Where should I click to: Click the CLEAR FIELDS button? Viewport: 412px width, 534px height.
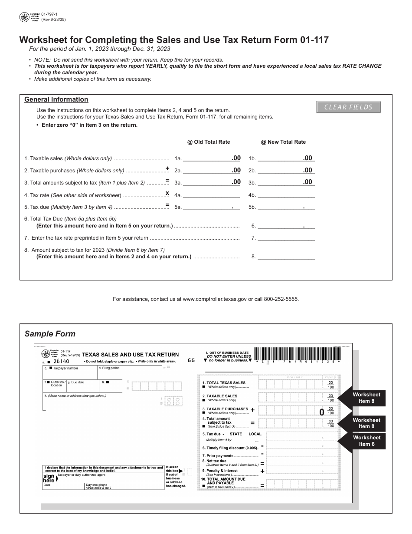click(x=349, y=107)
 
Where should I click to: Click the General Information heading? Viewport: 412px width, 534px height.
click(x=56, y=99)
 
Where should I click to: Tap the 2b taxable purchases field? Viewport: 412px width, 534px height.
click(x=286, y=171)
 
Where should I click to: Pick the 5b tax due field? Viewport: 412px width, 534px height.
click(x=286, y=208)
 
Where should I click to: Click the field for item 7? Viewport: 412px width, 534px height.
click(x=286, y=238)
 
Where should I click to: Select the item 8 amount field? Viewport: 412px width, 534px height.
click(x=286, y=257)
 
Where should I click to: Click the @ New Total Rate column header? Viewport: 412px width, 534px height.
click(x=283, y=142)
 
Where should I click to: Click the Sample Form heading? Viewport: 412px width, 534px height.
click(x=50, y=334)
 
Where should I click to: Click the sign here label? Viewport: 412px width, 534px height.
click(x=49, y=478)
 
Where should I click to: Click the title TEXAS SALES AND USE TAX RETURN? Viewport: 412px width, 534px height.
click(x=130, y=355)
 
